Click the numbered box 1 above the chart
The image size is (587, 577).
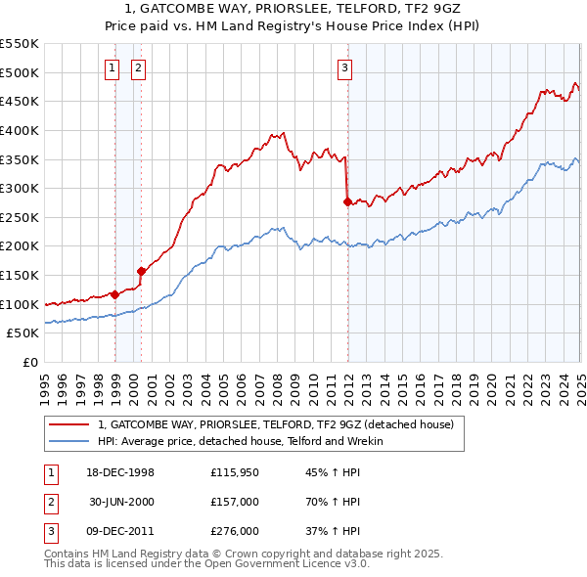[113, 67]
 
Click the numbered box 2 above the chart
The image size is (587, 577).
[138, 67]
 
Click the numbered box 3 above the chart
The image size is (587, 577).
[345, 67]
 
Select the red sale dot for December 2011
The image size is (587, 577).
[347, 202]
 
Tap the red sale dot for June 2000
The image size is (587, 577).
[142, 271]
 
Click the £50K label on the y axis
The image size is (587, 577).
[23, 333]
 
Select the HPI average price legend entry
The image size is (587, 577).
[241, 441]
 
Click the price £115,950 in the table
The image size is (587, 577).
[234, 472]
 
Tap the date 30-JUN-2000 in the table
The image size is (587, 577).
[122, 502]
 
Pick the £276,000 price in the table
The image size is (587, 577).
[234, 531]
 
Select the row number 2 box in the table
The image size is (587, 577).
[49, 502]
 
